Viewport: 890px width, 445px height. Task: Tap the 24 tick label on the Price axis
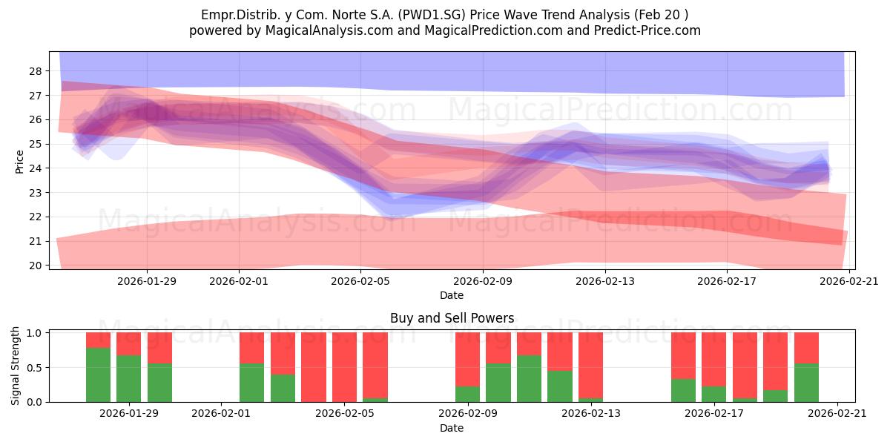point(36,168)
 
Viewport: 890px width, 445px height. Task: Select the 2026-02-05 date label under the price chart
point(360,281)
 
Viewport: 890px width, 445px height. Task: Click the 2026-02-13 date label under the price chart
point(605,281)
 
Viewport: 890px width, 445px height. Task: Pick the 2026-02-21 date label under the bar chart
point(837,414)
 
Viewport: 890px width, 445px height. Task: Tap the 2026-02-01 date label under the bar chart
point(221,414)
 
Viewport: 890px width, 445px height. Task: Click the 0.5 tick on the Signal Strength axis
point(34,368)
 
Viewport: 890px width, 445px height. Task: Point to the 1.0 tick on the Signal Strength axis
point(34,333)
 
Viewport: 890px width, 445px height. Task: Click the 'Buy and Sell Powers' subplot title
point(452,318)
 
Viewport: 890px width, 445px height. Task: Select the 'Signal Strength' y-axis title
point(15,366)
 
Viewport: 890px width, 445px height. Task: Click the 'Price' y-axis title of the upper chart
point(19,162)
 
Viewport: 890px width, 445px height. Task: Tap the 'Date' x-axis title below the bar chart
point(452,428)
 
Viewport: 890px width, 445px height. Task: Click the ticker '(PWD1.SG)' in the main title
point(432,15)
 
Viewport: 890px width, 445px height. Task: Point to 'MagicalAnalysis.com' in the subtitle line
point(329,30)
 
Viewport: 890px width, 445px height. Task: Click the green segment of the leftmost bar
point(99,375)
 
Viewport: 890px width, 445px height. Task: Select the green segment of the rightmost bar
point(807,383)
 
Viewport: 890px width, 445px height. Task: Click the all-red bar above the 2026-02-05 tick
point(344,367)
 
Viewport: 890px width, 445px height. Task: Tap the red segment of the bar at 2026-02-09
point(468,360)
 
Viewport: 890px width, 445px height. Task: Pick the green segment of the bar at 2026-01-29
point(129,379)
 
